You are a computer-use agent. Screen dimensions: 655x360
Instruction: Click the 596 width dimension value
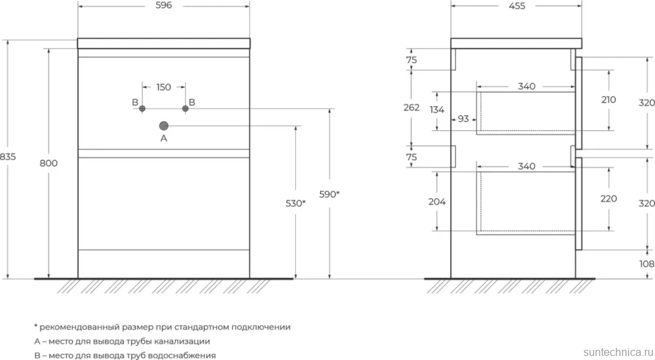pyautogui.click(x=163, y=5)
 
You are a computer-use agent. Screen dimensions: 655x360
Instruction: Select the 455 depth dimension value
pyautogui.click(x=517, y=6)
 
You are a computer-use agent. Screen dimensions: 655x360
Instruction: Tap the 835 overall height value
pyautogui.click(x=7, y=157)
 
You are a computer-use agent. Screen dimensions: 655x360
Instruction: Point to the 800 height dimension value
pyautogui.click(x=49, y=163)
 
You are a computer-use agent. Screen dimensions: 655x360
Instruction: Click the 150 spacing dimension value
pyautogui.click(x=163, y=87)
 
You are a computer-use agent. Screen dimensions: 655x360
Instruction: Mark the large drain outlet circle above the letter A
pyautogui.click(x=163, y=125)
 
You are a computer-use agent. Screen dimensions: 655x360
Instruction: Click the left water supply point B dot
pyautogui.click(x=142, y=109)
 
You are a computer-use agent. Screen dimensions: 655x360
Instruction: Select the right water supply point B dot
pyautogui.click(x=186, y=109)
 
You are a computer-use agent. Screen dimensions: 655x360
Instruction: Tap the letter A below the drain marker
pyautogui.click(x=163, y=138)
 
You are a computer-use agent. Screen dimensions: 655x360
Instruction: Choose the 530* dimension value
pyautogui.click(x=295, y=203)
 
